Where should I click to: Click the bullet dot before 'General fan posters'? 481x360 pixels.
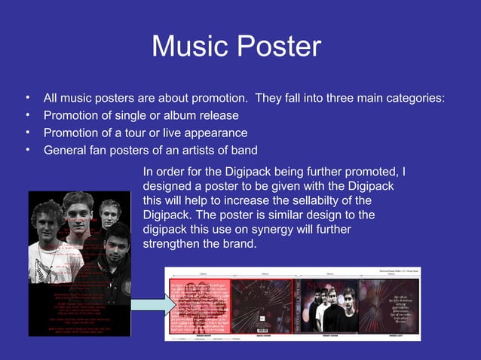pyautogui.click(x=27, y=148)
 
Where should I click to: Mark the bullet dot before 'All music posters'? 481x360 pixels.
pyautogui.click(x=27, y=98)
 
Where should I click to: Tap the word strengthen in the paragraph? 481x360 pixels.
pyautogui.click(x=173, y=246)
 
